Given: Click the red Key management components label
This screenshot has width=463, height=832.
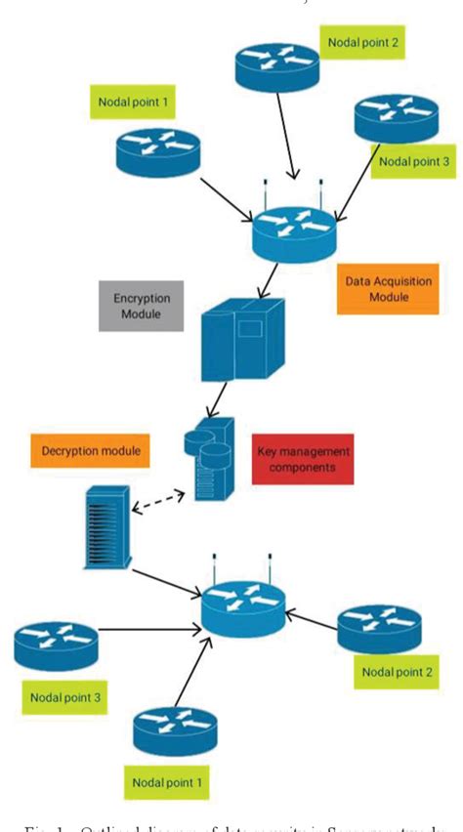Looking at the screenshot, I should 303,459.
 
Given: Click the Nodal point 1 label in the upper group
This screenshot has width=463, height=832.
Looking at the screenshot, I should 135,100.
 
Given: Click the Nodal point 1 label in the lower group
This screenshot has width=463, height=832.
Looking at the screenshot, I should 166,781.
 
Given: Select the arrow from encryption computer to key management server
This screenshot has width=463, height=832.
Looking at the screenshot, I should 219,396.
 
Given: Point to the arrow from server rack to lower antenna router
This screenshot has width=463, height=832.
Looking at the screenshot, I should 166,578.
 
